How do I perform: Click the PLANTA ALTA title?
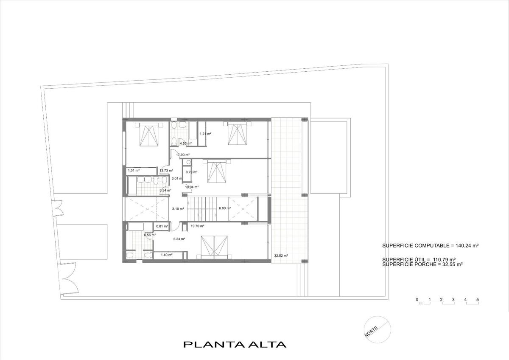[235, 344]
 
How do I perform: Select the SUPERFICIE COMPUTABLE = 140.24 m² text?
[431, 246]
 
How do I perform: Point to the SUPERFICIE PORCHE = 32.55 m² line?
[422, 264]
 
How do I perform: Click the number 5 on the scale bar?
[478, 300]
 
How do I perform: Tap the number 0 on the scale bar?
[417, 300]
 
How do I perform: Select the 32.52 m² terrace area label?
[281, 256]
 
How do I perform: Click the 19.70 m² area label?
[197, 226]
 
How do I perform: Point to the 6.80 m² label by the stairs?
[225, 208]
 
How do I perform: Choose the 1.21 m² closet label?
[205, 134]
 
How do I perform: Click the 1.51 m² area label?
[134, 170]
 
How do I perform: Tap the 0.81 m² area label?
[162, 226]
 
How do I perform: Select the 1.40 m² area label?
[167, 255]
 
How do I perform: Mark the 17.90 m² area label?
[183, 155]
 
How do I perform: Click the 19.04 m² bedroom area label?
[192, 187]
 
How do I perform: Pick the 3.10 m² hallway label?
[178, 208]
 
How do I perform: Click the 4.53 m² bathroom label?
[186, 143]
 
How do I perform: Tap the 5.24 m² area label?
[179, 239]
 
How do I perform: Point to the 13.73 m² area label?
[166, 170]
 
